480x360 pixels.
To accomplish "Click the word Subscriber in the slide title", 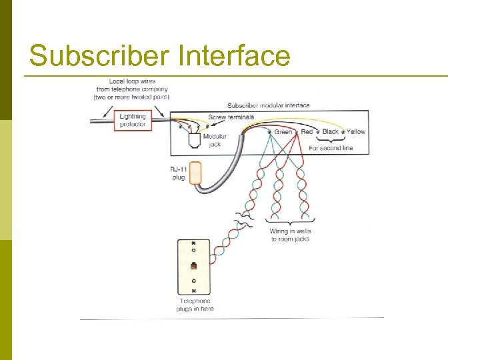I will (99, 56).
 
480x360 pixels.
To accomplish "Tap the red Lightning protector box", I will (133, 120).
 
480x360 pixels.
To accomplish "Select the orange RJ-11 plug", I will (195, 173).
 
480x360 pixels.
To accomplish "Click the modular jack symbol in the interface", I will (195, 141).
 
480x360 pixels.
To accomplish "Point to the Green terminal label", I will (283, 132).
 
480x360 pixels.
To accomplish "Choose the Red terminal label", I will (307, 132).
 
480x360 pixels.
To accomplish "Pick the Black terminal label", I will (331, 132).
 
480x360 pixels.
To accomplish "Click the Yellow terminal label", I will (356, 132).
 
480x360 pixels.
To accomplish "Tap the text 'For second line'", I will (331, 148).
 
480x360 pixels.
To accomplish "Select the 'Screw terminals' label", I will (231, 117).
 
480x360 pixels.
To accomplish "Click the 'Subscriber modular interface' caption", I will (269, 105).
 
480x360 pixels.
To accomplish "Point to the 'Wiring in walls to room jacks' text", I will (290, 235).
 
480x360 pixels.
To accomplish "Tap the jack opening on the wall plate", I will (194, 266).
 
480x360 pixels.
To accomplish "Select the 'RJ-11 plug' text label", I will (177, 173).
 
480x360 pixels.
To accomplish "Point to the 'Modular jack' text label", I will (215, 140).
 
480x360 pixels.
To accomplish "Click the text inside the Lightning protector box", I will (133, 120).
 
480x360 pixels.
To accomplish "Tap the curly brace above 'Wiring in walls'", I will (290, 221).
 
